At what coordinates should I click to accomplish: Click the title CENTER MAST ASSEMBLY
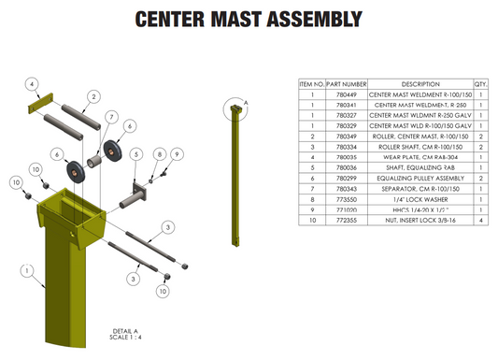(248, 19)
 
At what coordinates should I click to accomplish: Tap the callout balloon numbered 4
(32, 84)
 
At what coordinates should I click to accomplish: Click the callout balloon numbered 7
(110, 117)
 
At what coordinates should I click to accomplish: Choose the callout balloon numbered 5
(135, 153)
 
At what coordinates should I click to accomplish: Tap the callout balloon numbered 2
(93, 96)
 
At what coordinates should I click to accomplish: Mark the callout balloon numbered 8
(160, 153)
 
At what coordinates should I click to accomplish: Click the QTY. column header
(481, 83)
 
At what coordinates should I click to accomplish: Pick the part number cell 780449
(346, 95)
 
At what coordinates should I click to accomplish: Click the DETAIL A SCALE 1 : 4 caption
(124, 334)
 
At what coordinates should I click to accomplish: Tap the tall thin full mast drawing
(235, 178)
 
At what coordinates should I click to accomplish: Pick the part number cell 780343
(346, 188)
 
